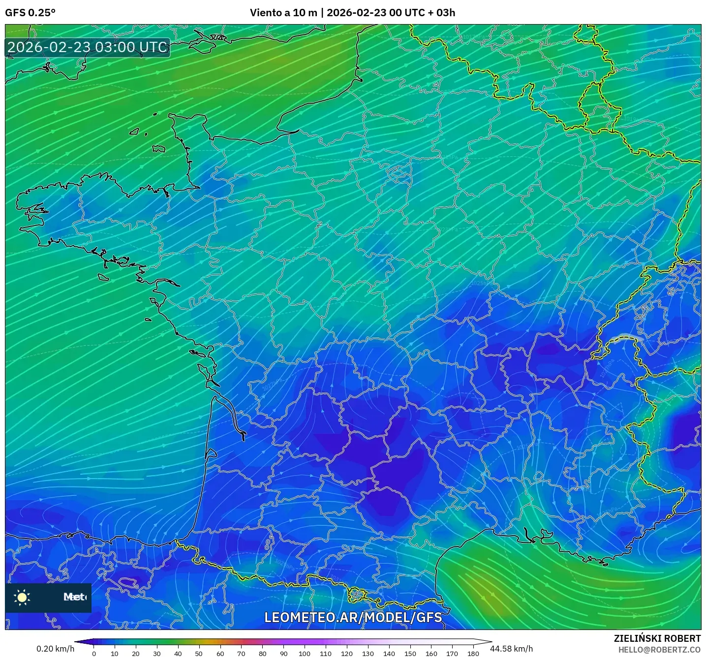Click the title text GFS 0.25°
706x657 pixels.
point(30,13)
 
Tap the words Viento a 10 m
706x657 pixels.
point(283,13)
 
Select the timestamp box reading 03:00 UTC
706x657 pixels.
point(88,48)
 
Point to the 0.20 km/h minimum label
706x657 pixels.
point(55,649)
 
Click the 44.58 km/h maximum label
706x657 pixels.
point(511,649)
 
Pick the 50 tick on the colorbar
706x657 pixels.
point(199,654)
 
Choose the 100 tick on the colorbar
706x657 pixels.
point(305,654)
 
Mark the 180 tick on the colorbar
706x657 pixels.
point(473,654)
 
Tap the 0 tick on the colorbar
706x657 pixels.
point(94,654)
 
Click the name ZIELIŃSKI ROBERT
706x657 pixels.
point(657,638)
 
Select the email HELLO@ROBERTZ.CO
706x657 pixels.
point(659,650)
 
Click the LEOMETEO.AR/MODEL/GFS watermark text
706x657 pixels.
point(353,617)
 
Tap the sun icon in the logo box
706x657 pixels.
point(22,597)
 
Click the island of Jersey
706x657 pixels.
point(158,148)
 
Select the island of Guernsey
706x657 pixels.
point(134,132)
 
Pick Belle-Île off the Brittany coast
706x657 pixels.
point(103,277)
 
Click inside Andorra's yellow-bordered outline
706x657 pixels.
point(357,595)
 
